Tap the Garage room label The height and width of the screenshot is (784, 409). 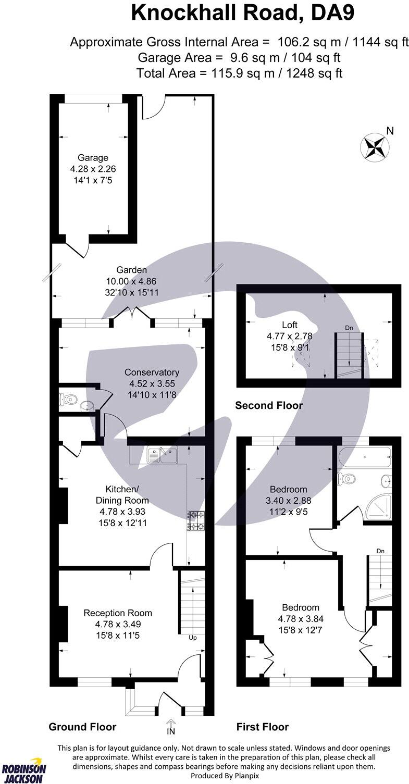[x=93, y=158]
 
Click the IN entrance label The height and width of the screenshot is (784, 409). [x=171, y=731]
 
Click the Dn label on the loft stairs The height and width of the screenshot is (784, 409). [x=349, y=328]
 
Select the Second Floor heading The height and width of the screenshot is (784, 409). [x=268, y=405]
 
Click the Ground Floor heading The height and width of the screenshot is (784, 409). [x=82, y=727]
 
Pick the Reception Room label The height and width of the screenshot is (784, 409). [x=118, y=613]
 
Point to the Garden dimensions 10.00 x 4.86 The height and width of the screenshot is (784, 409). [x=132, y=281]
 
